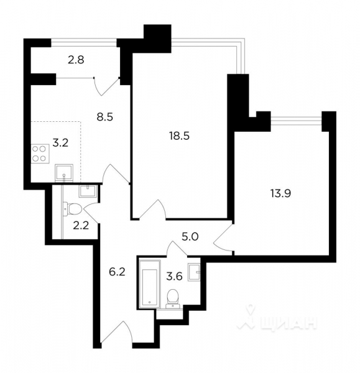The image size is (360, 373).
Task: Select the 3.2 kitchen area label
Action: tap(60, 143)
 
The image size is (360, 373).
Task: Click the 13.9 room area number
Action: tap(281, 193)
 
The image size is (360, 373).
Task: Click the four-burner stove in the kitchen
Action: tap(39, 153)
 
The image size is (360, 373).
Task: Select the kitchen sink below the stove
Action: tap(64, 172)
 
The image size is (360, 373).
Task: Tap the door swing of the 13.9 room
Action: tap(223, 238)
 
